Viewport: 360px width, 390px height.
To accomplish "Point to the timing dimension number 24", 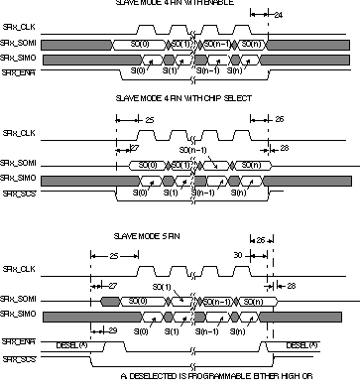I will [x=278, y=16].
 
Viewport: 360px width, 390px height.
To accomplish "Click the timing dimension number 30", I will [x=238, y=254].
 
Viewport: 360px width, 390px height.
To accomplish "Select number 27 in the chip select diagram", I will [x=134, y=148].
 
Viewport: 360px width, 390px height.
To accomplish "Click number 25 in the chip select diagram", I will [x=149, y=119].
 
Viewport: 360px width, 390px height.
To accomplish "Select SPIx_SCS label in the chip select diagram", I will [x=17, y=193].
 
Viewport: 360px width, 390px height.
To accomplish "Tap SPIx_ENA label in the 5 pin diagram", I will [x=17, y=341].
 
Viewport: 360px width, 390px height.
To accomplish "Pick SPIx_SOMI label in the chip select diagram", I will [x=17, y=162].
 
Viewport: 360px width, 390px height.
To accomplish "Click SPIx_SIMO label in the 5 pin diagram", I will [x=17, y=314].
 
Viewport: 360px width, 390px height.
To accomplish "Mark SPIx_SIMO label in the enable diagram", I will [x=17, y=59].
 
